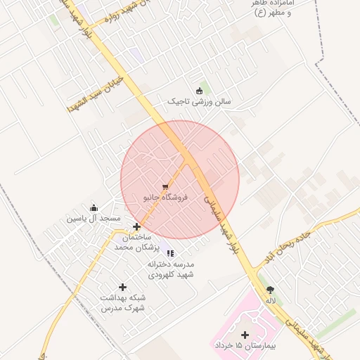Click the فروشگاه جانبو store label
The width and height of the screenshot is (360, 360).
pyautogui.click(x=167, y=198)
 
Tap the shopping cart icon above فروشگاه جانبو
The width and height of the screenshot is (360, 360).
pyautogui.click(x=165, y=188)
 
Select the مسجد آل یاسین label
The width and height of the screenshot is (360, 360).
pyautogui.click(x=94, y=219)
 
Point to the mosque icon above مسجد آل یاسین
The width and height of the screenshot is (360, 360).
pyautogui.click(x=94, y=207)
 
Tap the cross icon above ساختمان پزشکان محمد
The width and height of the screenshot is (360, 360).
pyautogui.click(x=136, y=226)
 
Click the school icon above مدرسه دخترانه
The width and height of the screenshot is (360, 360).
pyautogui.click(x=170, y=253)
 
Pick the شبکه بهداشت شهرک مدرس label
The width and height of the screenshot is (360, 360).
pyautogui.click(x=122, y=304)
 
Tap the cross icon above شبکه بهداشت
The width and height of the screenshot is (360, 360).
pyautogui.click(x=123, y=287)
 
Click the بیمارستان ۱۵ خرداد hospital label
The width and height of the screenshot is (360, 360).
pyautogui.click(x=245, y=347)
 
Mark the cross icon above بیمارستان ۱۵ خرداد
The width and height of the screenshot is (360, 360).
pyautogui.click(x=245, y=335)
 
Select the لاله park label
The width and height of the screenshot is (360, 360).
pyautogui.click(x=270, y=300)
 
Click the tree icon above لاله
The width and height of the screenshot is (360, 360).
pyautogui.click(x=270, y=289)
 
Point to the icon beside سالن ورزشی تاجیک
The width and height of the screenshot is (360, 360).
pyautogui.click(x=199, y=90)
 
